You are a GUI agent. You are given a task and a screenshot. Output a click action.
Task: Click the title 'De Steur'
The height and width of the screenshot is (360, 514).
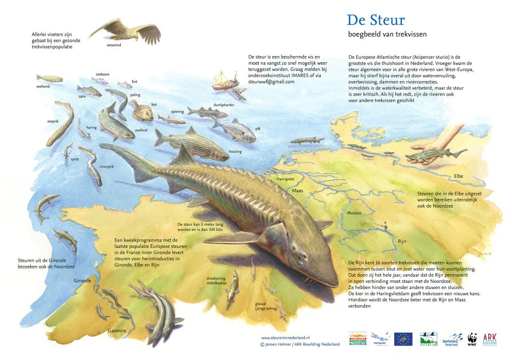tap(376, 20)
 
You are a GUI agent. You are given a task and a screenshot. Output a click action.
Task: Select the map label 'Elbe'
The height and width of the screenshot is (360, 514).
tap(458, 176)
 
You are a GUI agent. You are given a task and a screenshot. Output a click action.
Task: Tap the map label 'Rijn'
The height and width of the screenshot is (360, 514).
tap(402, 241)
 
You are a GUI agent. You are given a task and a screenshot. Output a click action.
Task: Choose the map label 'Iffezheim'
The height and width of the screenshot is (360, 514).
tap(355, 213)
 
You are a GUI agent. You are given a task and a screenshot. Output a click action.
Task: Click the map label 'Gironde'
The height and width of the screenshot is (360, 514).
tap(82, 281)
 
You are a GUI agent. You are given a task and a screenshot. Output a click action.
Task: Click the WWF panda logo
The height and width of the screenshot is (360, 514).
tap(472, 338)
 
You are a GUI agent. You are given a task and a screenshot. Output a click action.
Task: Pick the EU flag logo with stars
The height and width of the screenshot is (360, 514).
tap(403, 339)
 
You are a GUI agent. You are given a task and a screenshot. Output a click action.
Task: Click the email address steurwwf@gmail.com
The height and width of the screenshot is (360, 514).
tap(271, 82)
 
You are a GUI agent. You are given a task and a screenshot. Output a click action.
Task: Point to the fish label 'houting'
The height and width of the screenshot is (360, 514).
tap(235, 152)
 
